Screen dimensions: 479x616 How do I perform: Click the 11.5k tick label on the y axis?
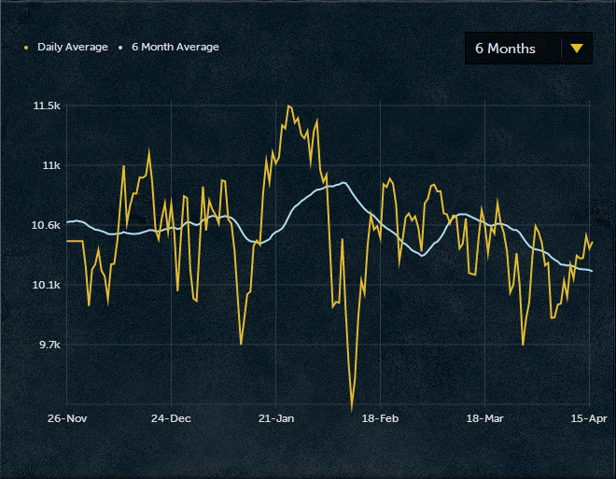47,106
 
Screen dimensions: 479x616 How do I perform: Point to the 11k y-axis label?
50,165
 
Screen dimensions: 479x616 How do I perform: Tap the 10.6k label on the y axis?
46,225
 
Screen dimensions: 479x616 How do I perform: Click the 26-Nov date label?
67,418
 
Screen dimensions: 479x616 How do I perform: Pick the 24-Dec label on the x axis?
171,418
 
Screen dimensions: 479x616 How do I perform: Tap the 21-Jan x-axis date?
275,418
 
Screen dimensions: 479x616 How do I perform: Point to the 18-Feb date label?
380,418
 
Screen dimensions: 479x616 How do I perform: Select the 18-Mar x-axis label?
484,418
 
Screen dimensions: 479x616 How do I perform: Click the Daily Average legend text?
73,47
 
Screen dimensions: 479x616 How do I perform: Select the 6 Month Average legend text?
175,47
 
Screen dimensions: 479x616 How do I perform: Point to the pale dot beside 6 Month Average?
120,47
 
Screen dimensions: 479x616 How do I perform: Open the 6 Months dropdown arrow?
576,49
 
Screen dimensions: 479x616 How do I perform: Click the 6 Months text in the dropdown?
505,49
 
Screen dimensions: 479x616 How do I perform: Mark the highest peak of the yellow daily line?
288,106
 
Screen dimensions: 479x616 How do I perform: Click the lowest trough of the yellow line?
352,409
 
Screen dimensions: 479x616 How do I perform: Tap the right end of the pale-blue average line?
592,271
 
